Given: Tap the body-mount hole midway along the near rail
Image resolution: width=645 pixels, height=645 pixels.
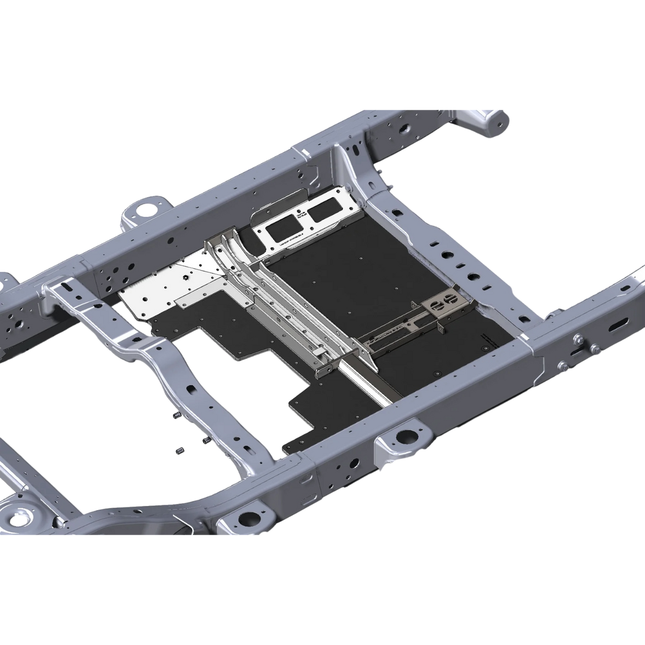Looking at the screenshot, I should [407, 436].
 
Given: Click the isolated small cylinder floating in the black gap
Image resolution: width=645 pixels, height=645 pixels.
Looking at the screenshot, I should [177, 450].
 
